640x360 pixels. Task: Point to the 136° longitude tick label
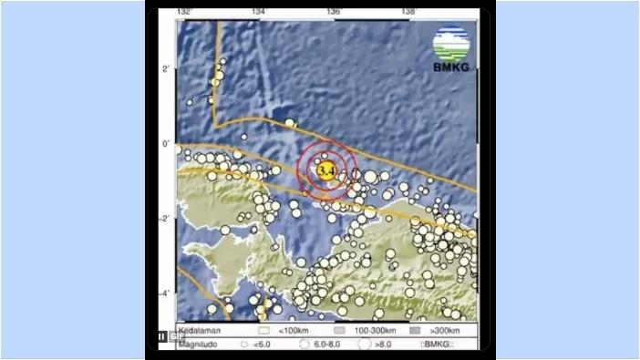tap(335, 12)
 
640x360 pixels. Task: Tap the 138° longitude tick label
tap(408, 12)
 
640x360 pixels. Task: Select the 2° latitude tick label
tap(167, 69)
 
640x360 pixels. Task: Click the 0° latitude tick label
tap(167, 144)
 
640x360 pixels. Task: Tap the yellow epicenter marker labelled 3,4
tap(325, 170)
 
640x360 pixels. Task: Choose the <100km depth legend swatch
tap(266, 329)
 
